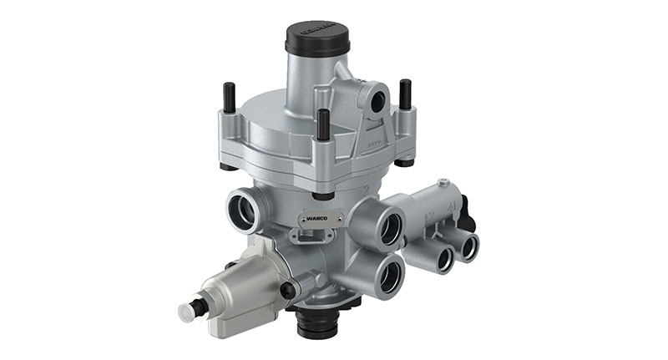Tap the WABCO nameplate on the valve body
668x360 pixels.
click(x=319, y=220)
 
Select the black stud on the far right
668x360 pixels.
click(x=405, y=94)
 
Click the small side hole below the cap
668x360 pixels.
click(x=377, y=101)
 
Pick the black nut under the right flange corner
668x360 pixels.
click(x=407, y=160)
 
